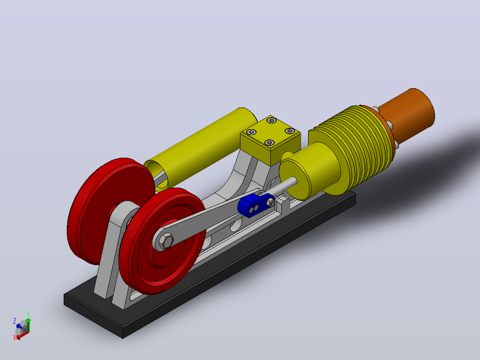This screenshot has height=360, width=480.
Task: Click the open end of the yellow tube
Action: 156,175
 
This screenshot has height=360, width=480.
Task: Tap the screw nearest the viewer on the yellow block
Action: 269,143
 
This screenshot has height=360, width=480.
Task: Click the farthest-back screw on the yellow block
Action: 272,120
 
